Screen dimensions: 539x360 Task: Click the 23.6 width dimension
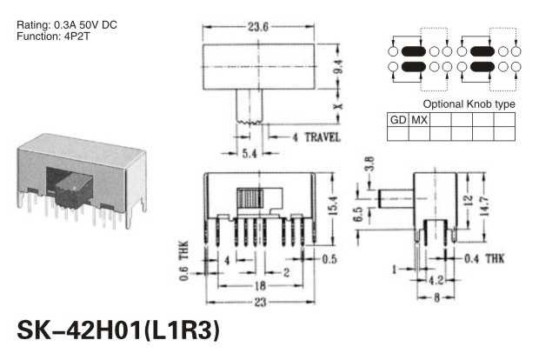[258, 27]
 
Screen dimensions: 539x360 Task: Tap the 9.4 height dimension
[338, 66]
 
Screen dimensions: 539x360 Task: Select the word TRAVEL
[323, 137]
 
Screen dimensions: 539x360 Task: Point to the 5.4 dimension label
[250, 153]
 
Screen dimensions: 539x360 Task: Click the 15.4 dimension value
[333, 205]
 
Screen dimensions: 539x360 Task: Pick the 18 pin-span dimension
[260, 285]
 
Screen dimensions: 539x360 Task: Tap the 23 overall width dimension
[260, 302]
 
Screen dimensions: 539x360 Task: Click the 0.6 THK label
[184, 261]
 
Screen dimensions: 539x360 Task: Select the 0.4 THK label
[484, 258]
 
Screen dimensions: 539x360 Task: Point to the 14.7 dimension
[484, 205]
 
